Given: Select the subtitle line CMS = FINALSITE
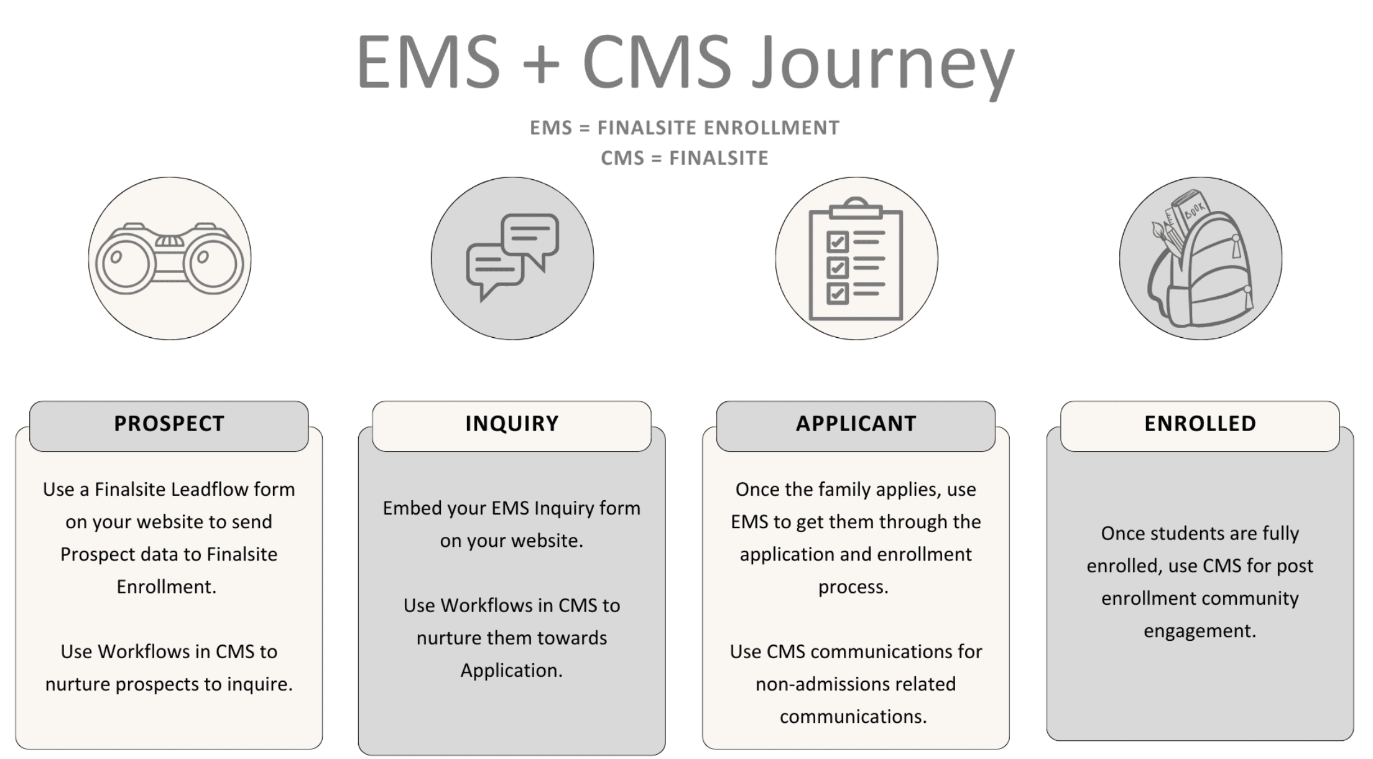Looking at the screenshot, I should (684, 158).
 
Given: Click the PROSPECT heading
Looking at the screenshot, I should (169, 424).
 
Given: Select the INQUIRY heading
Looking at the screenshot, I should (512, 424).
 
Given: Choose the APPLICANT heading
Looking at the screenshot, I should (856, 424).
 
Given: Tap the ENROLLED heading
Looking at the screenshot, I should (1200, 424).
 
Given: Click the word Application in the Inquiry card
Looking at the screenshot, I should (511, 671).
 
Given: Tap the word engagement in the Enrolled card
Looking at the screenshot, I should (1200, 631).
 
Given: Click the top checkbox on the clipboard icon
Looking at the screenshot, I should (837, 241).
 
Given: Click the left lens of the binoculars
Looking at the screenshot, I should (126, 263).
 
